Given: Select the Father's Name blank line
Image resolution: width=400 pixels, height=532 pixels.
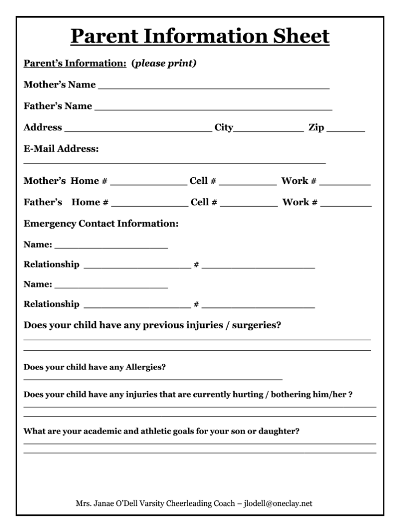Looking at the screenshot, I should point(214,110).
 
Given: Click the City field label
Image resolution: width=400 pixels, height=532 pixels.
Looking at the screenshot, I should point(224,128).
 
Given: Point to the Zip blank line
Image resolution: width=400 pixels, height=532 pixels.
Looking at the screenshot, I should point(346,131).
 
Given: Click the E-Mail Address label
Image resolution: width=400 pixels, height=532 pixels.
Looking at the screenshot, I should point(61,149).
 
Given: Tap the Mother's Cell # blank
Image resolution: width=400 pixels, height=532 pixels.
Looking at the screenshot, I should point(248,184).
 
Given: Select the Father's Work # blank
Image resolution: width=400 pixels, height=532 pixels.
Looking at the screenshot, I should point(346,206).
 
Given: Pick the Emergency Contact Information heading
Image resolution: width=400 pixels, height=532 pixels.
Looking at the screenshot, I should point(101,224).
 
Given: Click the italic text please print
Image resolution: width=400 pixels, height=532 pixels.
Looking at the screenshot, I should point(165,64).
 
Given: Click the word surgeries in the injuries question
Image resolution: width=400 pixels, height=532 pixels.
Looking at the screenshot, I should point(256,326).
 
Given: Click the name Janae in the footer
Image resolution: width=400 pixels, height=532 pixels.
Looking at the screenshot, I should point(105,503).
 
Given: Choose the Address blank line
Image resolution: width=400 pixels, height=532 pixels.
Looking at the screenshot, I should point(137,131).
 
